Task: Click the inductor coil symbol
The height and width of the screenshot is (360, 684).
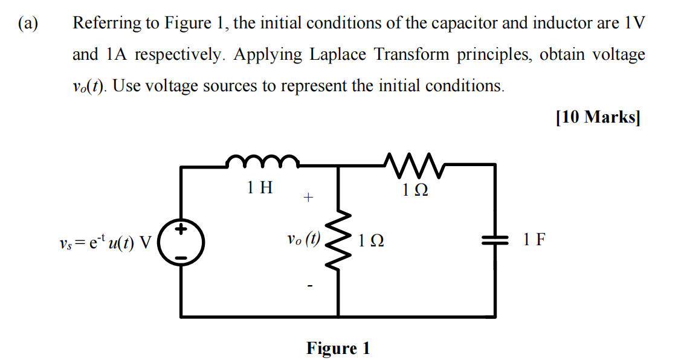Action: [x=262, y=161]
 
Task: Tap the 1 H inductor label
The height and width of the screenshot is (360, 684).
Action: [x=260, y=188]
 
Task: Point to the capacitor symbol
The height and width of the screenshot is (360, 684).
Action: [x=496, y=240]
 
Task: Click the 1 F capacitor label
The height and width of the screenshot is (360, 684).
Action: [x=534, y=240]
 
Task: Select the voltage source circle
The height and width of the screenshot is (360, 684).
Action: [x=181, y=241]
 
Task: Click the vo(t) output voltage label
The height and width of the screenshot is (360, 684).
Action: [x=305, y=239]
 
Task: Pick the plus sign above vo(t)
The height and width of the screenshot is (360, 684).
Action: [x=308, y=198]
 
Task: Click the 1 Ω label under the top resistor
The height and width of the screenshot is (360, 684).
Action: [x=415, y=190]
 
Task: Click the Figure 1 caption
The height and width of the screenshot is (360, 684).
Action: [x=338, y=349]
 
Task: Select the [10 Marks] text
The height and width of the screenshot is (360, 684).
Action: [x=597, y=117]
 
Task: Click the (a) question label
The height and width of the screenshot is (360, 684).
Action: [x=28, y=24]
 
